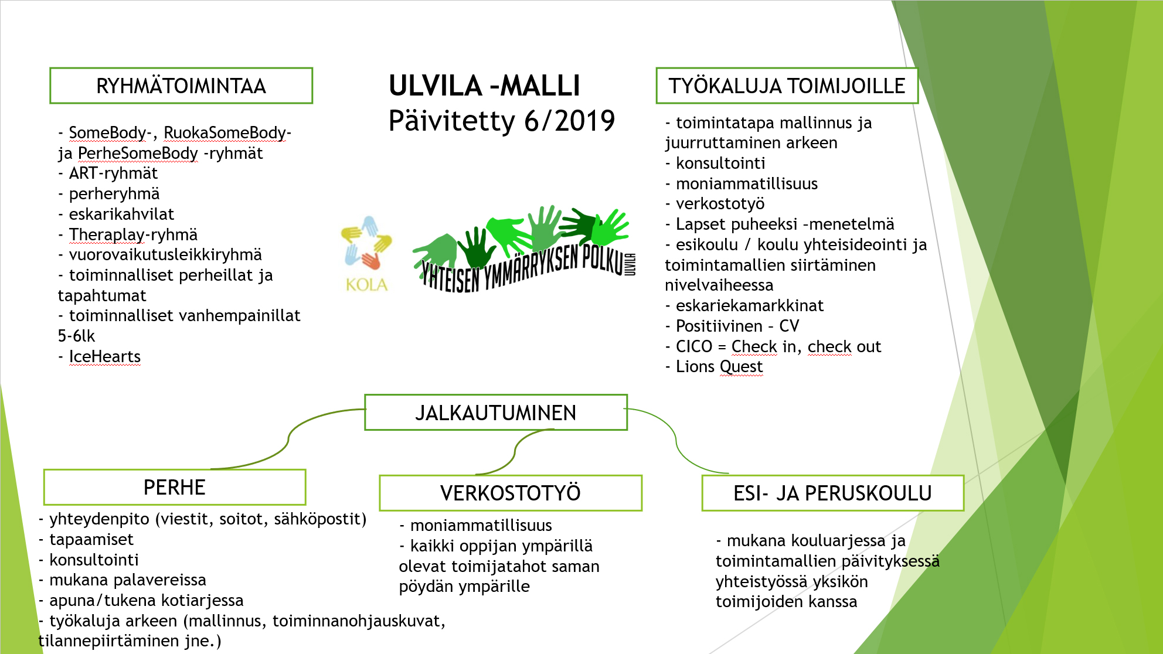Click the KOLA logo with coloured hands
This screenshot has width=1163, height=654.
[366, 254]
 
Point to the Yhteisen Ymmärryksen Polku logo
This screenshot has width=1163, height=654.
[523, 249]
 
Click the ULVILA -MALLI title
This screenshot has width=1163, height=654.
[484, 86]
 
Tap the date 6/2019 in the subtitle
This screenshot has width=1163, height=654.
[569, 121]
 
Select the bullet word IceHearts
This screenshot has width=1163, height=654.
[105, 356]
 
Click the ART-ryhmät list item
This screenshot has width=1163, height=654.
[113, 173]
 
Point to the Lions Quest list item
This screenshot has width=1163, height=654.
[719, 367]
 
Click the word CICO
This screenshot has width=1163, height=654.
[694, 346]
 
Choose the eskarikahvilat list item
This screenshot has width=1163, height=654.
[121, 214]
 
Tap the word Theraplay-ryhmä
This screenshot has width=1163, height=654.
[133, 235]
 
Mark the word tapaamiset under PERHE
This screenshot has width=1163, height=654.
[91, 540]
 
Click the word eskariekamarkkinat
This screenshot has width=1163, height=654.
[750, 305]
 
